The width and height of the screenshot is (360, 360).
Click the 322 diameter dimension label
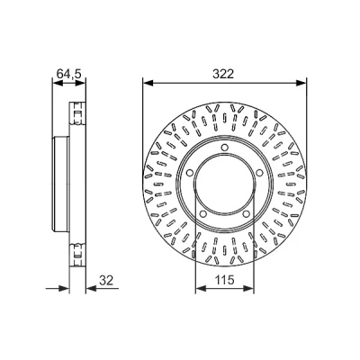coord(223,74)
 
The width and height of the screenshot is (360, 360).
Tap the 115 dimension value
coord(224,280)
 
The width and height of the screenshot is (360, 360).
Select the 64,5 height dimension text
coord(69,74)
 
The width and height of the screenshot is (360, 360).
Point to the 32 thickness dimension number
coord(106,280)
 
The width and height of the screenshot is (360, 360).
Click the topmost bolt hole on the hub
coord(224,148)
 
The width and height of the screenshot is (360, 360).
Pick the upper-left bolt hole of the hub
coord(189,173)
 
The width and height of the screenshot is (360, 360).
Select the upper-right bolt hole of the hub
coord(259,173)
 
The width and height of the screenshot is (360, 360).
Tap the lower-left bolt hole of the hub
coord(202,214)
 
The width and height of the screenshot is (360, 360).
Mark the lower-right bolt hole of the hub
coord(246,214)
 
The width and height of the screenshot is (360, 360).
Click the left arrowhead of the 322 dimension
coord(148,83)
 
